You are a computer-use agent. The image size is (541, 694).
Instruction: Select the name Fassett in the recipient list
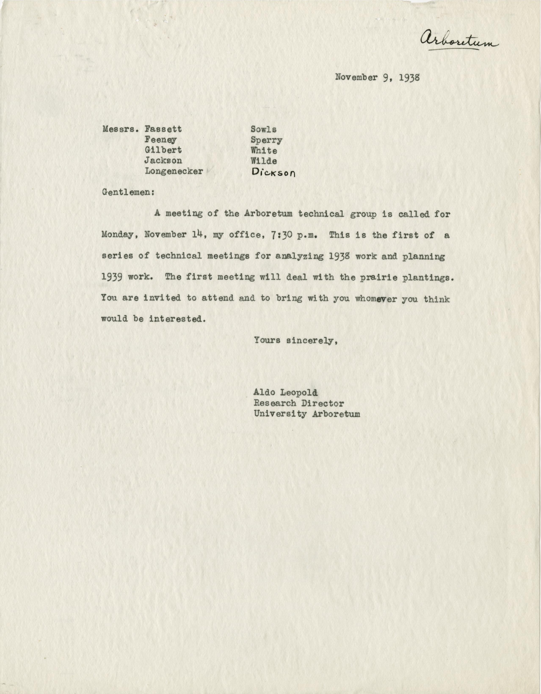coord(163,129)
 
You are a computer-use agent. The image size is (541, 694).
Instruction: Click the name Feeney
coord(160,140)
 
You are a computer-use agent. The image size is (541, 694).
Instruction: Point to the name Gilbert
coord(163,150)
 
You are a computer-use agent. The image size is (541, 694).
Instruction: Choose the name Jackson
coord(163,161)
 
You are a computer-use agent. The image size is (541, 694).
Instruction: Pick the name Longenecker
coord(174,171)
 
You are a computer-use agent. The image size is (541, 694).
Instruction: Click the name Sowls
coord(264,129)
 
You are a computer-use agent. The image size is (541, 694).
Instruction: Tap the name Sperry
coord(266,140)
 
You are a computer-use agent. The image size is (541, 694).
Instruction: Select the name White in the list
coord(264,151)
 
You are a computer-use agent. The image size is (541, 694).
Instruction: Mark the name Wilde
coord(264,161)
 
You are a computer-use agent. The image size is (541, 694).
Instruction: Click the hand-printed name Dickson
coord(273,172)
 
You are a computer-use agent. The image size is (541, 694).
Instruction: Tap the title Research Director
coord(299,403)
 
